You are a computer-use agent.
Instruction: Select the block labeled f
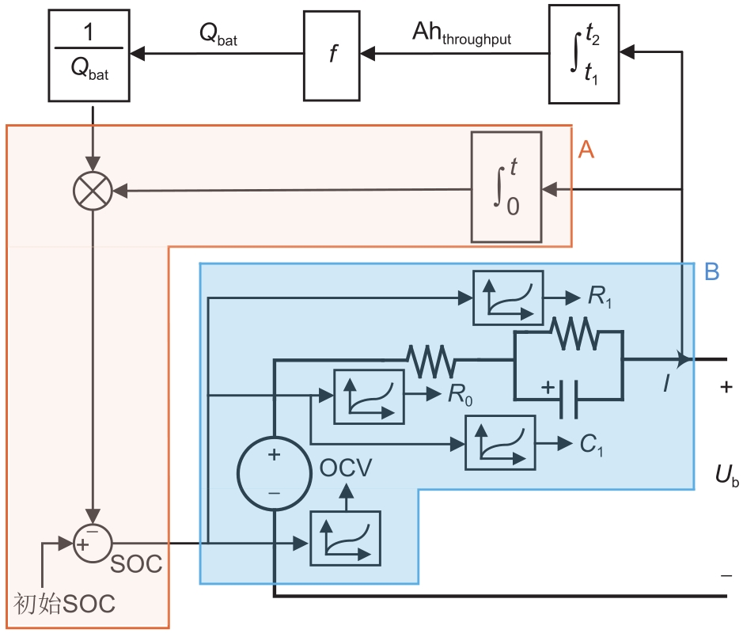point(332,55)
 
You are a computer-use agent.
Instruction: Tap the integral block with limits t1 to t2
point(584,55)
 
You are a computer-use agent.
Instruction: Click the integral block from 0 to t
point(506,188)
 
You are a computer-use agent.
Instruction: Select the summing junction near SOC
point(93,542)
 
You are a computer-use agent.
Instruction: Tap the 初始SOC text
point(65,604)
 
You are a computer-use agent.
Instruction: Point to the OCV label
point(346,468)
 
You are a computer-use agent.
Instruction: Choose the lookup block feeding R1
point(508,298)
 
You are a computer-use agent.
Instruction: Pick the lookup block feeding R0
point(369,393)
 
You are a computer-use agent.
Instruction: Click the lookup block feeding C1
point(499,442)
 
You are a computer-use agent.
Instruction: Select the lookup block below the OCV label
point(345,538)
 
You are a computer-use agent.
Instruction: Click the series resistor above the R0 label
point(431,360)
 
